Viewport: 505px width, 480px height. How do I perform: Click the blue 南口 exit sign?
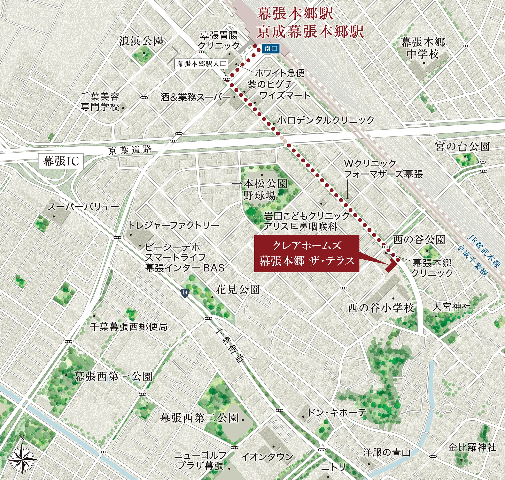click(271, 48)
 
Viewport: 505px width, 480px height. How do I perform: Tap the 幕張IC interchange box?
click(61, 161)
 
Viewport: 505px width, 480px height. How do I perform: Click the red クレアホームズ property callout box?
click(307, 253)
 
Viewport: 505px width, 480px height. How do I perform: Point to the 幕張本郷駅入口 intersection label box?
click(202, 64)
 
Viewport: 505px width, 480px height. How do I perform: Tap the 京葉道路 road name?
click(130, 150)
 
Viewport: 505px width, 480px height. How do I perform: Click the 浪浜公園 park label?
click(141, 41)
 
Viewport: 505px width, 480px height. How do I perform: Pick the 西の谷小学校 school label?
click(381, 308)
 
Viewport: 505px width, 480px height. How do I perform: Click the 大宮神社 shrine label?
click(452, 307)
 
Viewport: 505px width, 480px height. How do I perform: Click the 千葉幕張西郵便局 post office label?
click(129, 326)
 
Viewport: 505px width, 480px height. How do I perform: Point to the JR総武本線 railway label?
click(483, 251)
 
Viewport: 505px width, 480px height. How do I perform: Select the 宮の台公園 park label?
click(462, 147)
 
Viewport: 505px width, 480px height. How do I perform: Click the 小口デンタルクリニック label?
click(326, 120)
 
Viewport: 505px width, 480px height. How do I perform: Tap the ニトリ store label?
click(333, 467)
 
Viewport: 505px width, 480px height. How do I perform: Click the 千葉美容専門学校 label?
click(100, 102)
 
